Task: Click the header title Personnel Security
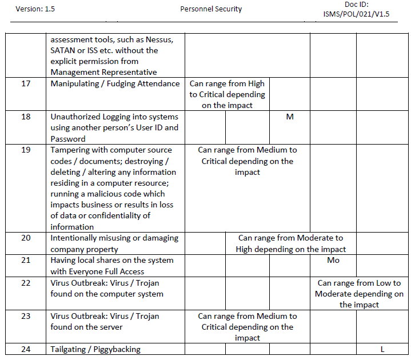pos(211,9)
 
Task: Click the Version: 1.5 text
pos(35,9)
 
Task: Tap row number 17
pos(26,84)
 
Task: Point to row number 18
pos(26,117)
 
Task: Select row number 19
pos(26,150)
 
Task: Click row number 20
pos(26,238)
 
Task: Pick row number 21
pos(26,261)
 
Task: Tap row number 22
pos(26,283)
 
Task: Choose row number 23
pos(26,316)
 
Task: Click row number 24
pos(26,349)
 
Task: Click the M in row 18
pos(290,117)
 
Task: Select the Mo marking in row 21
pos(333,261)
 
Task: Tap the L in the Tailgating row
pos(382,349)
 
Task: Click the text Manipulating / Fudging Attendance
pos(115,84)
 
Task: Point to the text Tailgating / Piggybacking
pos(95,349)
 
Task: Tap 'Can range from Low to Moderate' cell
pos(359,294)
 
